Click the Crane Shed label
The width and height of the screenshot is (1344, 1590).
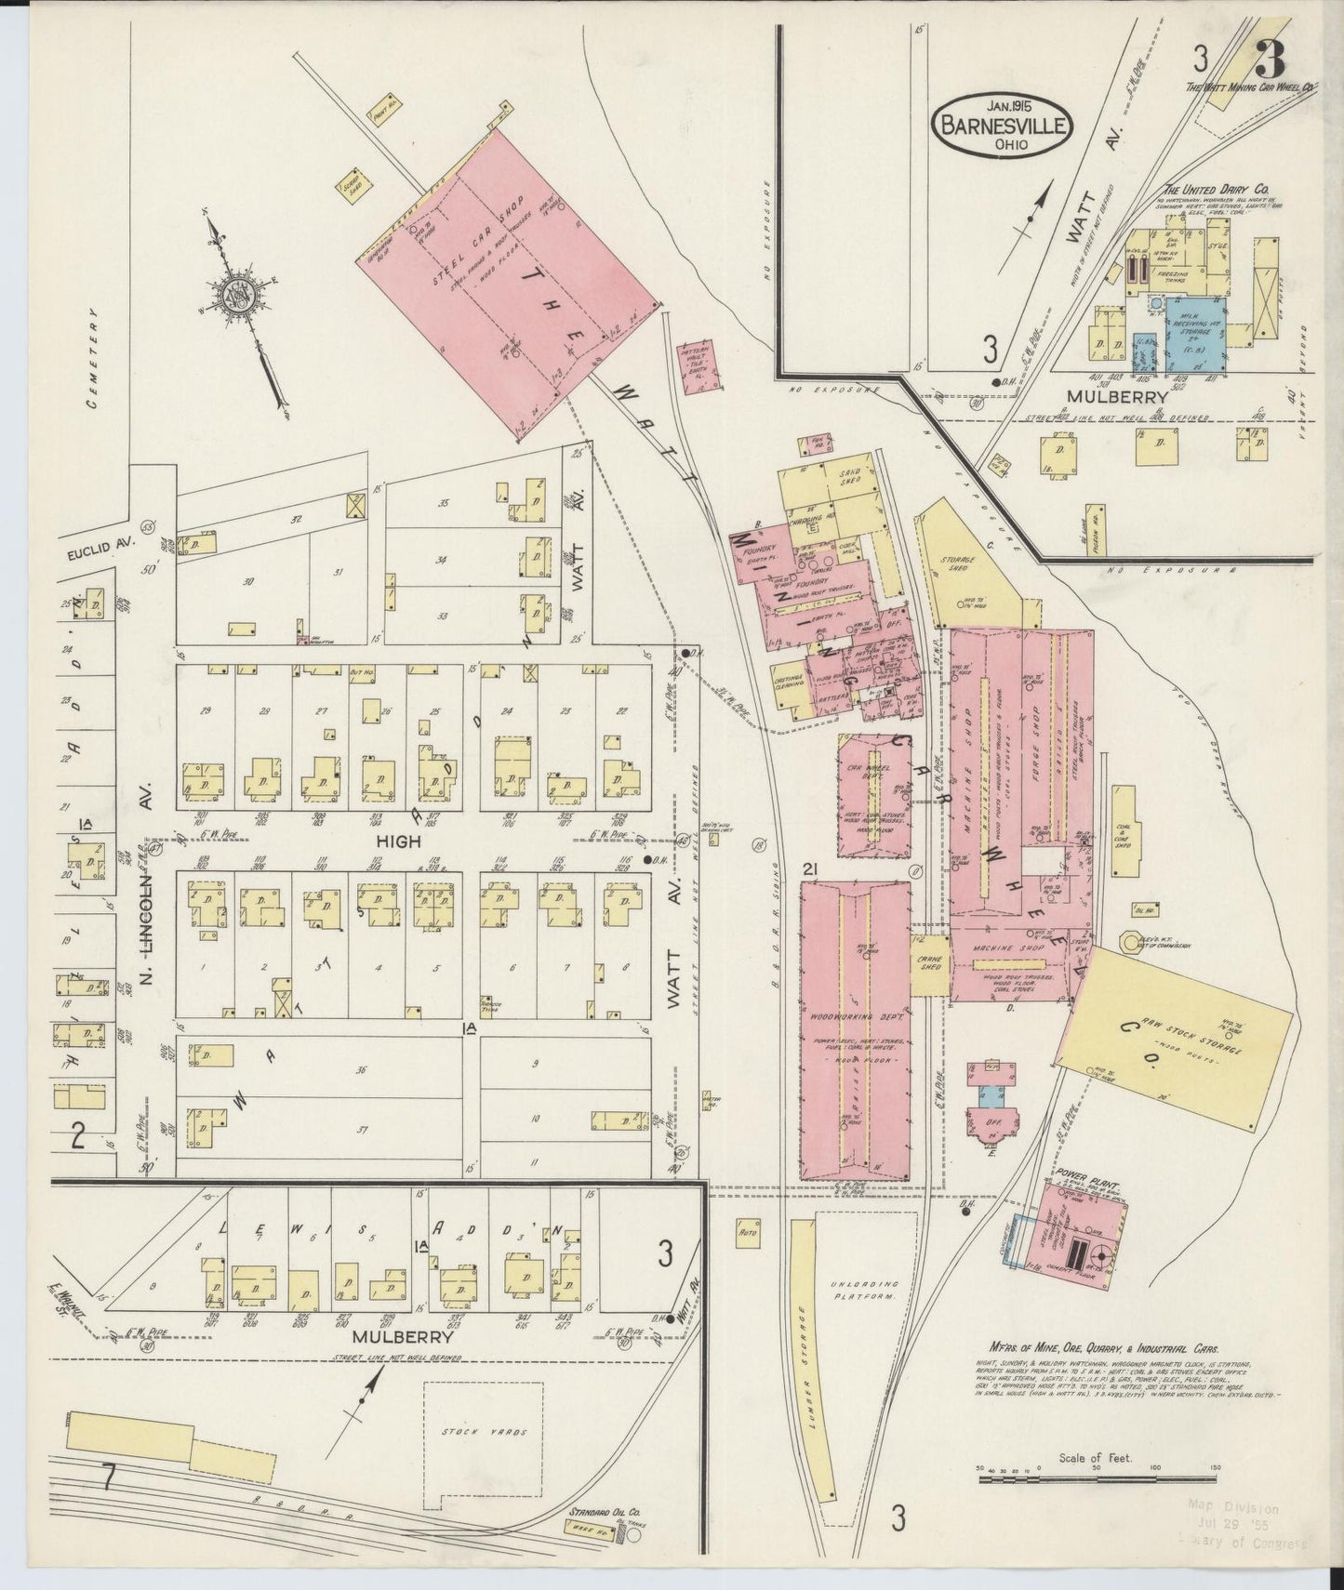(x=930, y=963)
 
